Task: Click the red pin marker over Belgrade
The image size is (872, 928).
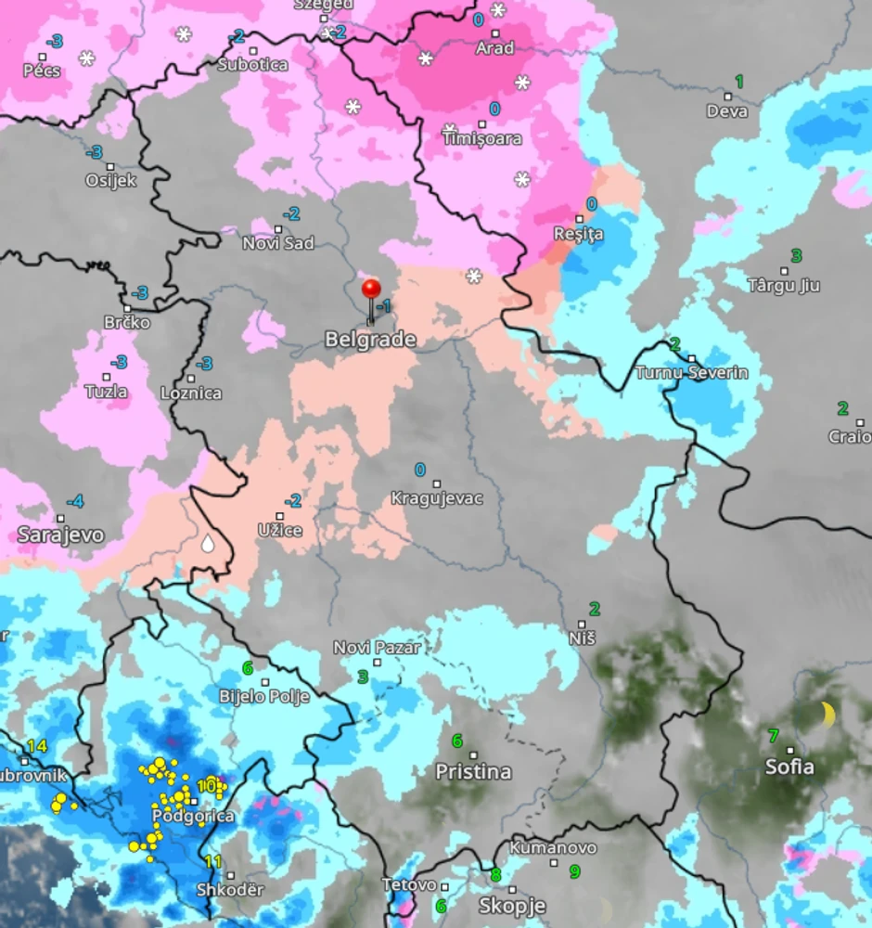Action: click(x=372, y=290)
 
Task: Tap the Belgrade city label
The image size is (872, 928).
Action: click(x=369, y=341)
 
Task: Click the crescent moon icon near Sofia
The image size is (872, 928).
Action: click(x=826, y=715)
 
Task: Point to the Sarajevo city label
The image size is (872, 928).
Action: click(x=60, y=535)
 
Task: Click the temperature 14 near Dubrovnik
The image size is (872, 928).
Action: click(x=36, y=746)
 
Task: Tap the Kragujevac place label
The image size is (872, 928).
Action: click(x=436, y=499)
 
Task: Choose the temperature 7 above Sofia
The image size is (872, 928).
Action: click(x=773, y=736)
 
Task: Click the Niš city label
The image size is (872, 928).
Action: click(x=582, y=638)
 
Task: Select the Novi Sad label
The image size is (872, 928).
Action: click(x=277, y=243)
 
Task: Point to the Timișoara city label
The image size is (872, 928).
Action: click(x=481, y=139)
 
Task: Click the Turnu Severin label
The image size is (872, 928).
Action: click(x=690, y=373)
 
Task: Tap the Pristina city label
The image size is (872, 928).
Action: click(x=473, y=772)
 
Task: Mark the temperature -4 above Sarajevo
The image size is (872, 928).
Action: click(x=74, y=502)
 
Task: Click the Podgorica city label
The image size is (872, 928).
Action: click(x=193, y=817)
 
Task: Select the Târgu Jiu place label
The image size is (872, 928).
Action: click(x=783, y=286)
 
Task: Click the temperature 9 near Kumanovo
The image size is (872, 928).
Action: click(x=574, y=871)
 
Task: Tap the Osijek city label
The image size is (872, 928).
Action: click(x=110, y=181)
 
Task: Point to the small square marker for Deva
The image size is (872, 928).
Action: click(x=727, y=97)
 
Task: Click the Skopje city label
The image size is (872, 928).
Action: click(x=511, y=906)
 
